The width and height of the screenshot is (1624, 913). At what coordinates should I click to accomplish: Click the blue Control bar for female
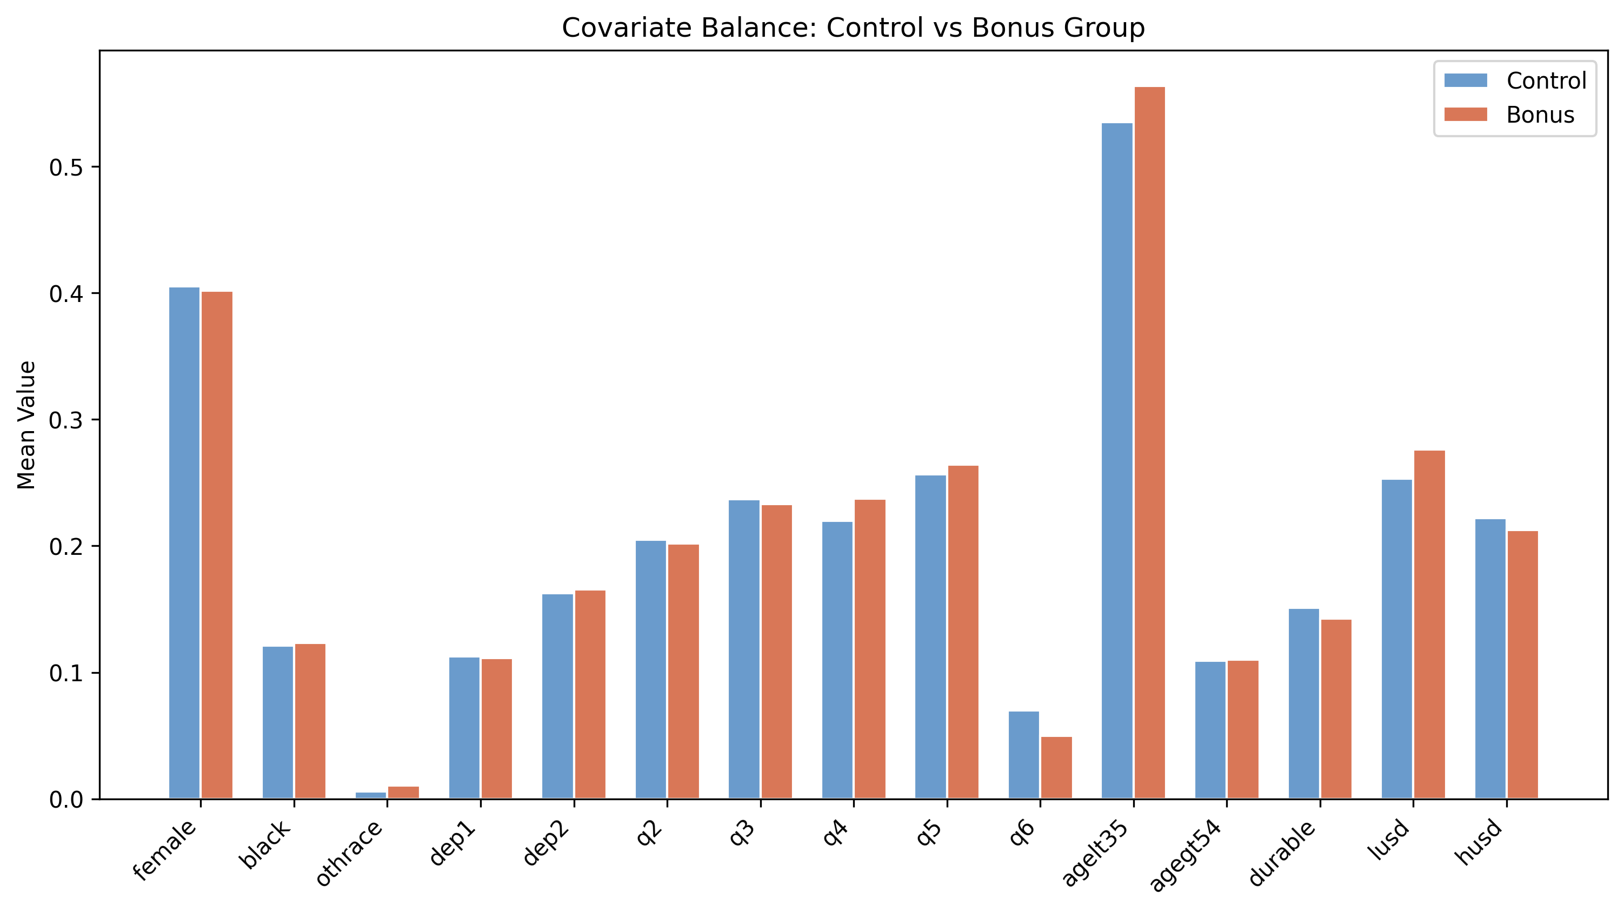click(184, 543)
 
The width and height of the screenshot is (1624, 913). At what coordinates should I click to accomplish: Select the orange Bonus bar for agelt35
click(1149, 443)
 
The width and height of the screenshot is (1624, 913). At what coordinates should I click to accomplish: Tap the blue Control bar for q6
click(1024, 755)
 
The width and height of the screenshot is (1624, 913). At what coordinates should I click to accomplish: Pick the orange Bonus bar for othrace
click(403, 793)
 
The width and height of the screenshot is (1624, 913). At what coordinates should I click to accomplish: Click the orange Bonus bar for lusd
click(1429, 625)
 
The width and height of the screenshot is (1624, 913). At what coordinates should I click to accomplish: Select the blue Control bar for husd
click(1490, 659)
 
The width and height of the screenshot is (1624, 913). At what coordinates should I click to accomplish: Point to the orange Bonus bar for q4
click(869, 649)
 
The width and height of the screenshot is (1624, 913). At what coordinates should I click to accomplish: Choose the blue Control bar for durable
click(1304, 704)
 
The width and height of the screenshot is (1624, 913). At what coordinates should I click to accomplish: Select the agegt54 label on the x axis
click(1184, 855)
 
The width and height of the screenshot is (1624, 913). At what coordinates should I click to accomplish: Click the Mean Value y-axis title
click(26, 425)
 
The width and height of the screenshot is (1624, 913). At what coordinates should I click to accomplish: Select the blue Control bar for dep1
click(464, 728)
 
